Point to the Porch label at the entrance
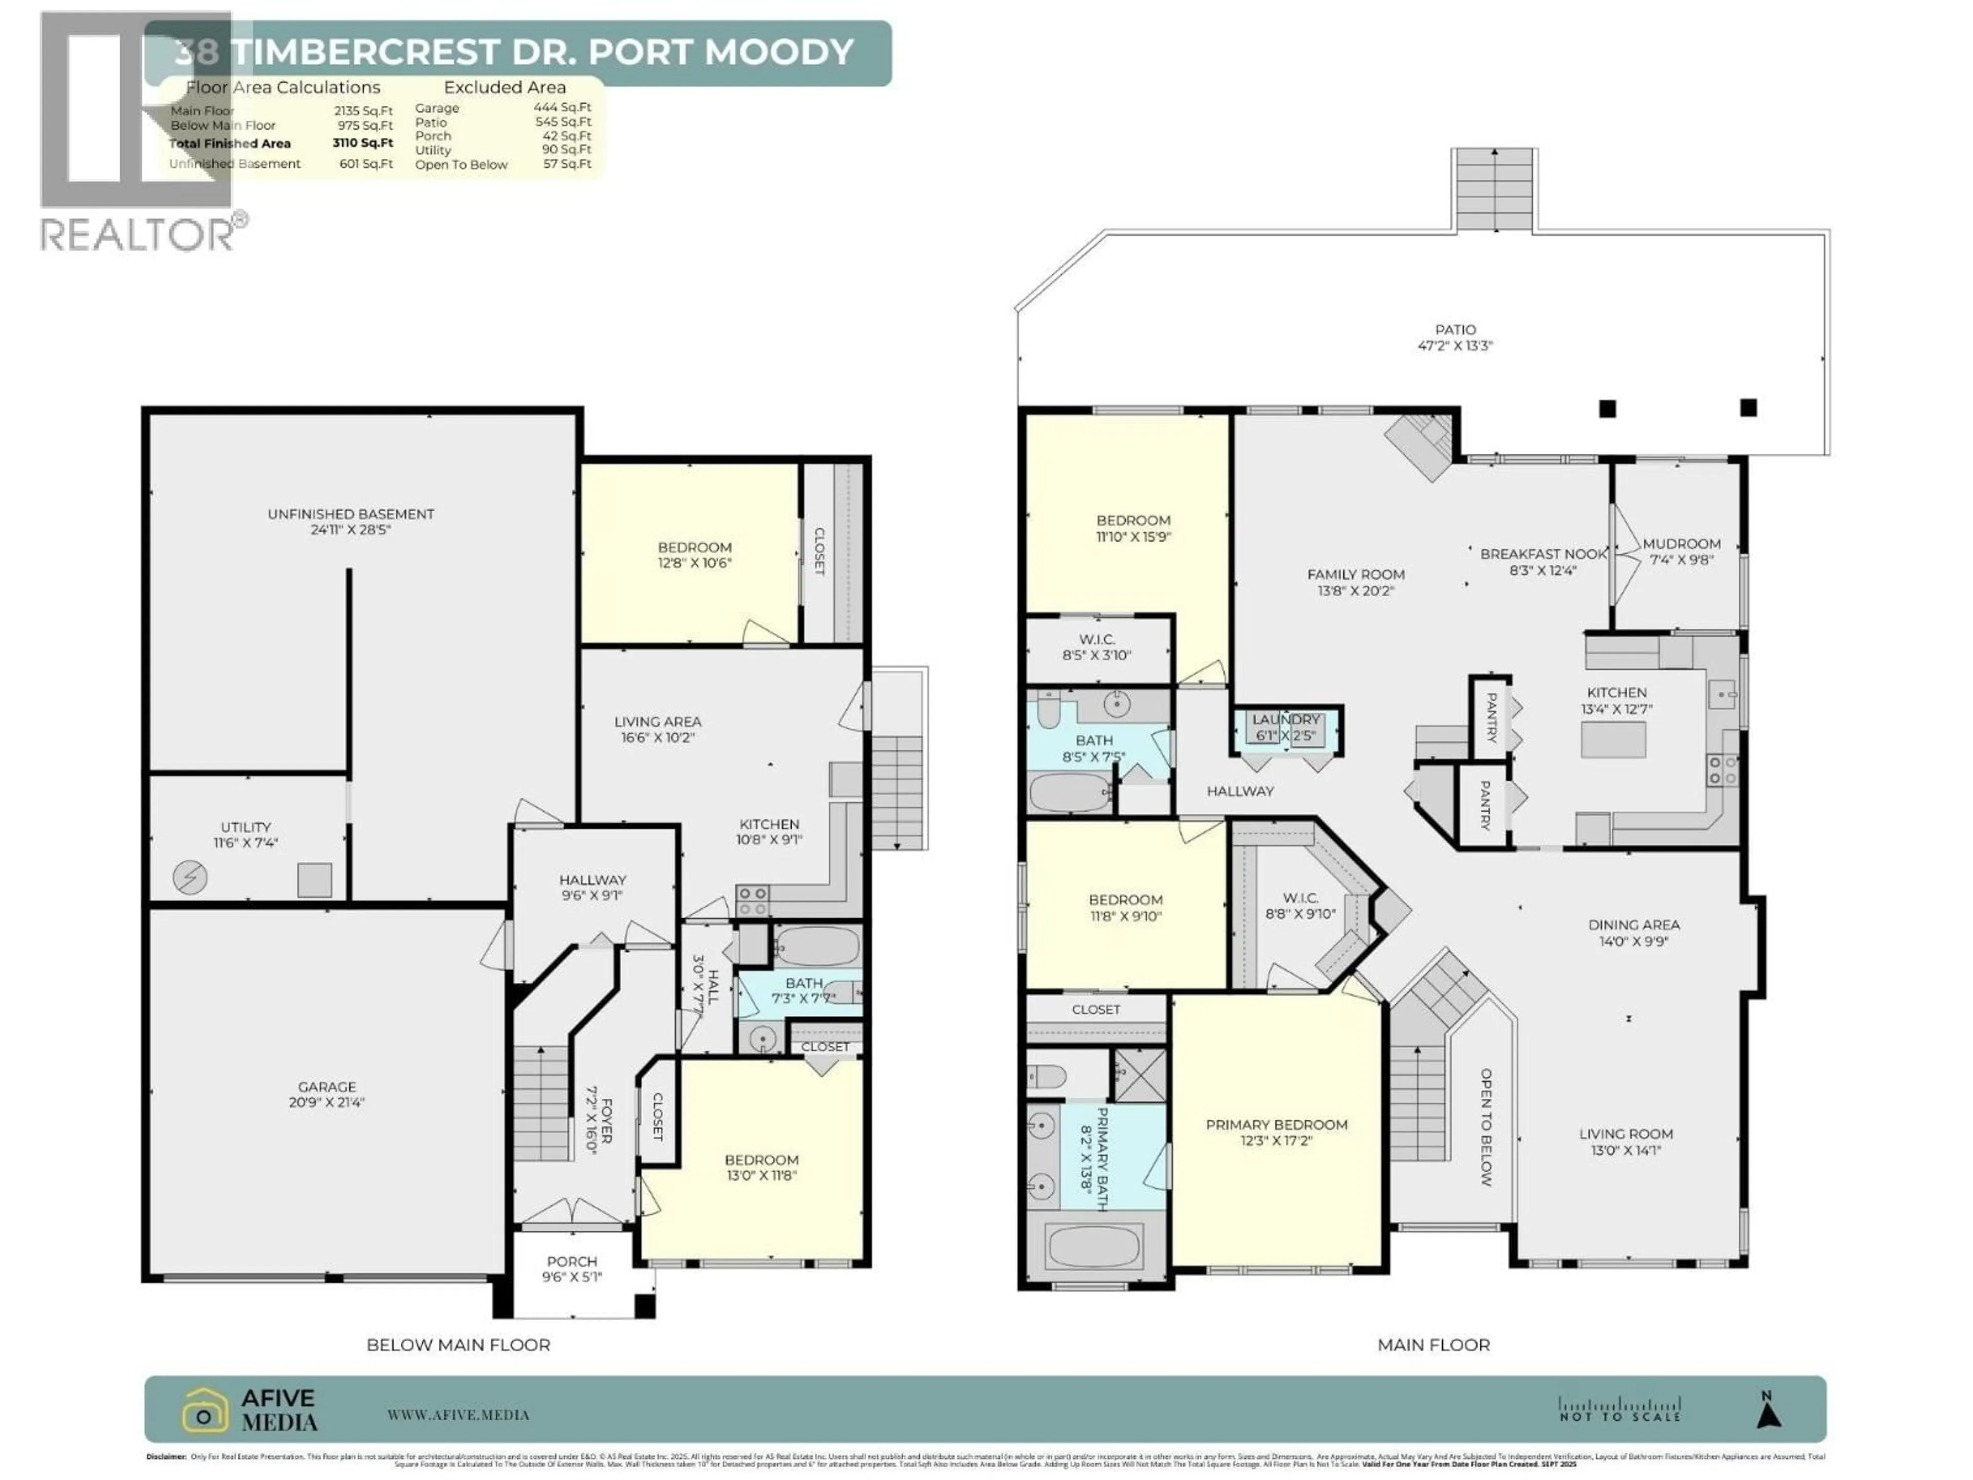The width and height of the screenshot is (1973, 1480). [x=572, y=1262]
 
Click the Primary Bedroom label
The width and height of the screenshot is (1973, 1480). [x=1276, y=1125]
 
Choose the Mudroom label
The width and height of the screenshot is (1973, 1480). [x=1681, y=543]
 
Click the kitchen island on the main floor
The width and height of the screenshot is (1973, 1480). [x=1613, y=739]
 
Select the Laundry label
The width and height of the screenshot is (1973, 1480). [x=1286, y=719]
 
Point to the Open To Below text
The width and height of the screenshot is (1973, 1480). [x=1486, y=1127]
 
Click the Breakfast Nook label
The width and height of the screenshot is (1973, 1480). [x=1542, y=554]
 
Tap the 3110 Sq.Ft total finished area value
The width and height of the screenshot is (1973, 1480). [x=362, y=143]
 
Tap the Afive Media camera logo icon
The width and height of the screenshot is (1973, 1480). [x=205, y=1411]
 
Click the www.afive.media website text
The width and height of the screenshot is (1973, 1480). [x=458, y=1415]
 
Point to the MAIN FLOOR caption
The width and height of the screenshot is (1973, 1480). [x=1434, y=1344]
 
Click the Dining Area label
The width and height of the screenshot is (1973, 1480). [x=1633, y=925]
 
